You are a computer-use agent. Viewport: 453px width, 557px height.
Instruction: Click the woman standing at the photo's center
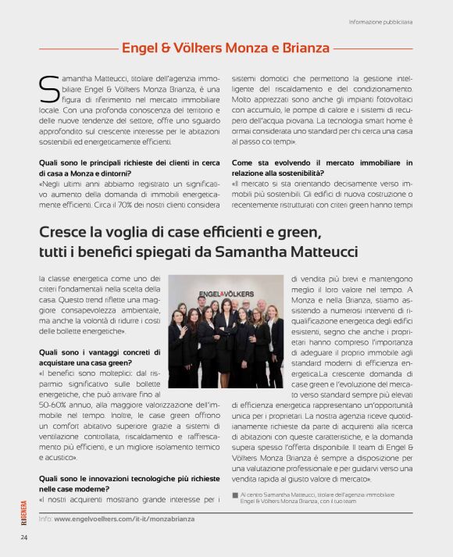(x=225, y=344)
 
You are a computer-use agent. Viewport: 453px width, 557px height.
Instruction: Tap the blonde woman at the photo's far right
(x=276, y=348)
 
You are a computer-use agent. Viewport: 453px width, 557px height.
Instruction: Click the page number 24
(x=25, y=537)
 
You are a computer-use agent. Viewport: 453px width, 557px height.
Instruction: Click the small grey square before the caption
(x=235, y=495)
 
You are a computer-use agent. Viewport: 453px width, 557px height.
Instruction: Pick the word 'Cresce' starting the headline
(x=64, y=231)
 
